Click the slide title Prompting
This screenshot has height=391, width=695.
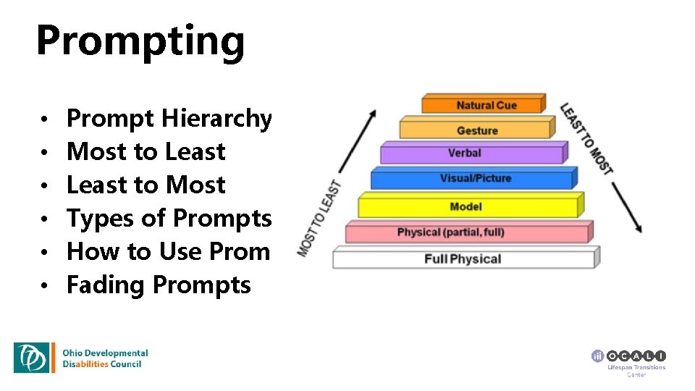(x=140, y=41)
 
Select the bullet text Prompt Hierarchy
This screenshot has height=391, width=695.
(x=169, y=118)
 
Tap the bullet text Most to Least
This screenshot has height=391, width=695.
(x=146, y=151)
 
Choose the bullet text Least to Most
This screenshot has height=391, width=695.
(x=146, y=185)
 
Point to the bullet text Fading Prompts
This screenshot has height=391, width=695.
(x=159, y=285)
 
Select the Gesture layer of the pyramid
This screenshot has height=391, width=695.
(x=476, y=130)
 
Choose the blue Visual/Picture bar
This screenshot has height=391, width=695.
(x=474, y=178)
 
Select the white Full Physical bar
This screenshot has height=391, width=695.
(x=463, y=258)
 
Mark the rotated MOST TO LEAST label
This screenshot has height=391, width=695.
(x=319, y=217)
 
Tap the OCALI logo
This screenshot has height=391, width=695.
(x=628, y=356)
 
